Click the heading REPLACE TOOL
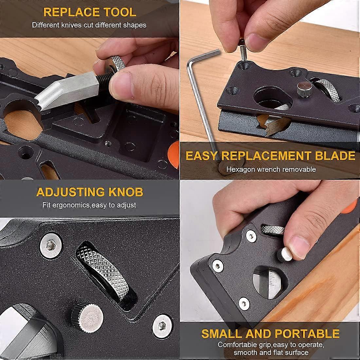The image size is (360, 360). pyautogui.click(x=90, y=12)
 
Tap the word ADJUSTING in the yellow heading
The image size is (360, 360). pyautogui.click(x=70, y=192)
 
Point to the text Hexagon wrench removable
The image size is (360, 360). pyautogui.click(x=271, y=170)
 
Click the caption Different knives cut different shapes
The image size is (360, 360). pyautogui.click(x=89, y=25)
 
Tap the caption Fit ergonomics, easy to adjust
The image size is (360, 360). pyautogui.click(x=89, y=205)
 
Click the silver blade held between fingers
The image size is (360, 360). pyautogui.click(x=66, y=90)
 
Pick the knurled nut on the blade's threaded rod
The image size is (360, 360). pyautogui.click(x=115, y=64)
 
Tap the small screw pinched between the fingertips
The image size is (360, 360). pyautogui.click(x=243, y=50)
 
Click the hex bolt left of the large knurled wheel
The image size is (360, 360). pyautogui.click(x=51, y=246)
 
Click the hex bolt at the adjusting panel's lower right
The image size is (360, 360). pyautogui.click(x=162, y=326)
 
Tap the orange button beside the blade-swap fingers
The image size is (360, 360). pyautogui.click(x=174, y=154)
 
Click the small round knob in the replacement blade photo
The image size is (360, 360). pyautogui.click(x=305, y=89)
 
